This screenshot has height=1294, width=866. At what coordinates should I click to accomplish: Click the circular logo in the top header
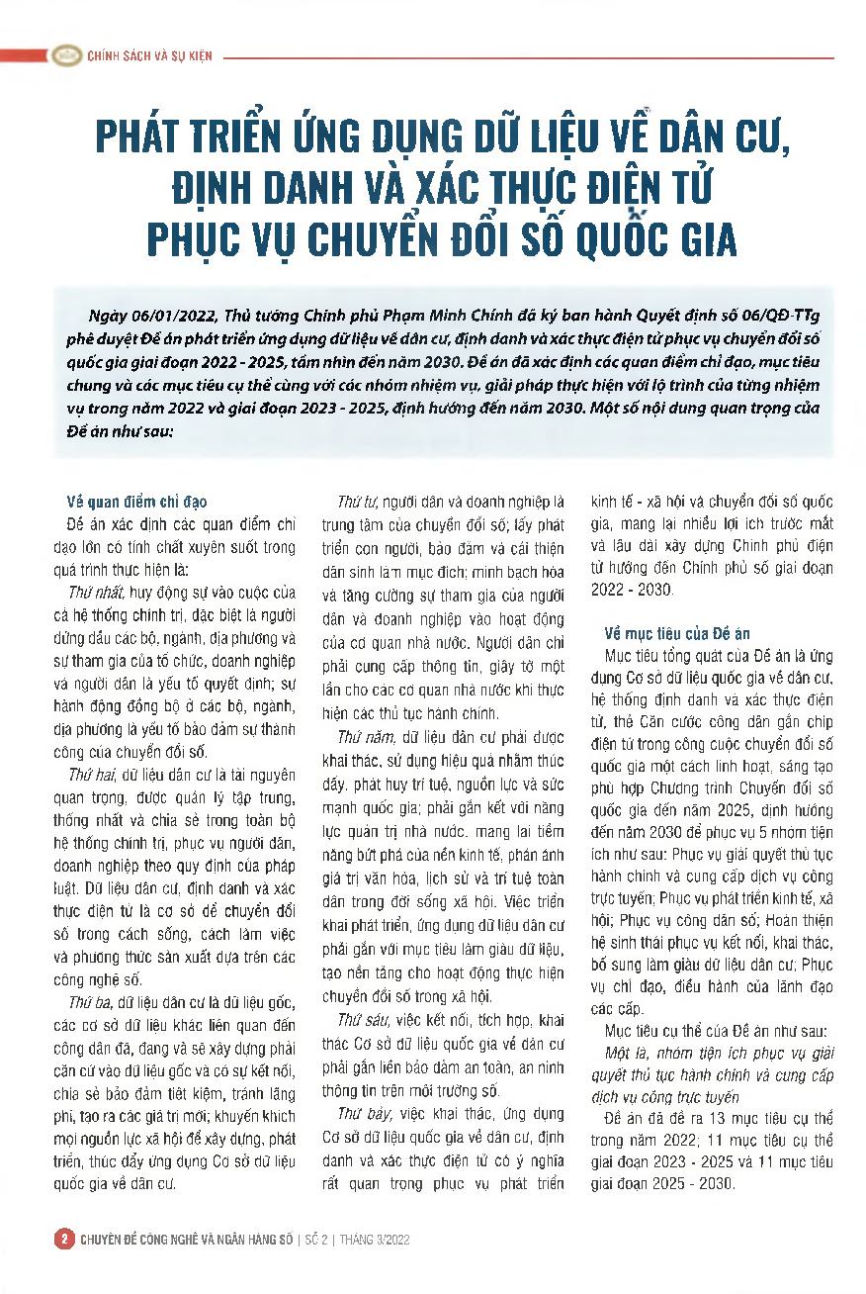[66, 55]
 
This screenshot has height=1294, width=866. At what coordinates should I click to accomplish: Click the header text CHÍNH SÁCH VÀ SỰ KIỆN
[149, 56]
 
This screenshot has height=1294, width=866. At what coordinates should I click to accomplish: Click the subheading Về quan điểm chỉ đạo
[136, 502]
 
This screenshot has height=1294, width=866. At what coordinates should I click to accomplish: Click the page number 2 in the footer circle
[64, 1239]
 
